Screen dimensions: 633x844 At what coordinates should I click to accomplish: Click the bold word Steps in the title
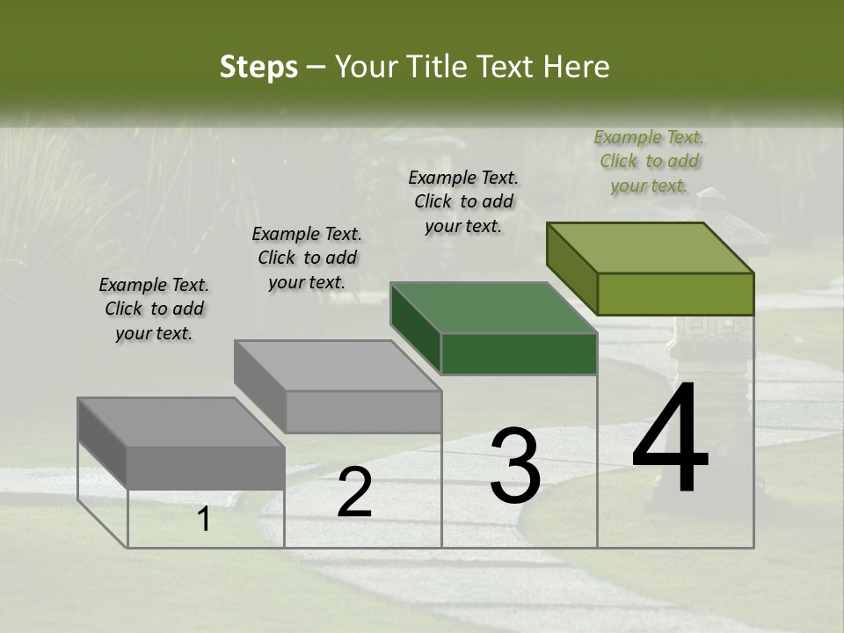(x=258, y=67)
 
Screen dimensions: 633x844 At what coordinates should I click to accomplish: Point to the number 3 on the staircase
(x=515, y=466)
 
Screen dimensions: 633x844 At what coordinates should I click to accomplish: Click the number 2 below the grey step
(x=354, y=492)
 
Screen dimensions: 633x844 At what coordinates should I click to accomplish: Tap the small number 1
(x=204, y=520)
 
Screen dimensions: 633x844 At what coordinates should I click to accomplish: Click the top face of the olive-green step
(x=651, y=248)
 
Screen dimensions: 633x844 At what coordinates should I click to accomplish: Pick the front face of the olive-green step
(x=675, y=294)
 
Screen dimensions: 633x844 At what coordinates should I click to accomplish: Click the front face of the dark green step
(x=519, y=353)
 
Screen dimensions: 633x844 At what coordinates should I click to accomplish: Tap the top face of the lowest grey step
(x=181, y=423)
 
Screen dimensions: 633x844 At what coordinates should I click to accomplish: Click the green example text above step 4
(x=649, y=162)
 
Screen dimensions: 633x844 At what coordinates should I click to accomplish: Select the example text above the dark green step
(x=463, y=201)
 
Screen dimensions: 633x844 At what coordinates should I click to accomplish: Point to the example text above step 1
(x=154, y=309)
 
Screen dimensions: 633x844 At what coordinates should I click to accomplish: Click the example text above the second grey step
(x=307, y=258)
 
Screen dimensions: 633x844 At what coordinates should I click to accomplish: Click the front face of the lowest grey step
(x=206, y=468)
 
